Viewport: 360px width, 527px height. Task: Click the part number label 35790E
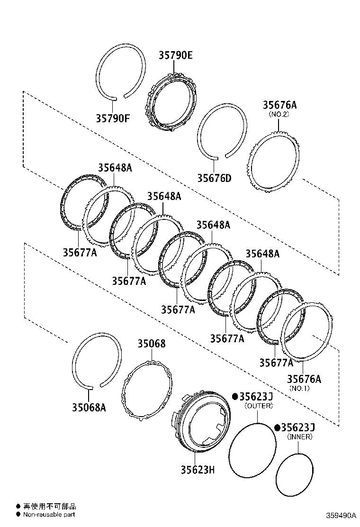[175, 55]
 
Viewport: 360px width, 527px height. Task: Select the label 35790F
[113, 118]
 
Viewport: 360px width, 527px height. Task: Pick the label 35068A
[89, 407]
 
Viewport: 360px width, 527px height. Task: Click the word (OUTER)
[259, 406]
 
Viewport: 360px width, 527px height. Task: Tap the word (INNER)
[300, 436]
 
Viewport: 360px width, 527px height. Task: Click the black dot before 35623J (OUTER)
[234, 397]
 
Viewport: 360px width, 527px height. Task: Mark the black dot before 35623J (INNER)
[277, 427]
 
